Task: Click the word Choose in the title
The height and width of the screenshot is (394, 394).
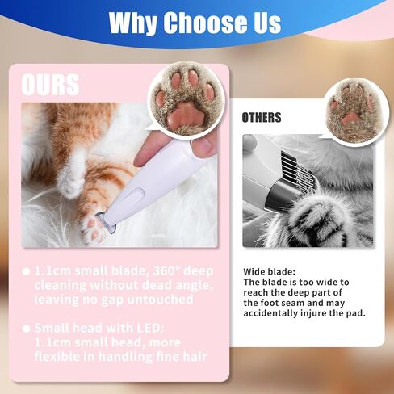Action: coord(205,22)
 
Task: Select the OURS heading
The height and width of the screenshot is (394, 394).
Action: coord(50,85)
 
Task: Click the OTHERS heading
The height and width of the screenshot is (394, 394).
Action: coord(262,118)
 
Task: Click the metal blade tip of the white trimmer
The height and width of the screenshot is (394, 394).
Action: coord(107,223)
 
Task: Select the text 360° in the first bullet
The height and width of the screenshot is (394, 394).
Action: coord(166,271)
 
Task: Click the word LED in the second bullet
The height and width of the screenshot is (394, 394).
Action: coord(149,328)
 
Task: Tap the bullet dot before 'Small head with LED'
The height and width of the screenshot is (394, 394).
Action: coord(26,329)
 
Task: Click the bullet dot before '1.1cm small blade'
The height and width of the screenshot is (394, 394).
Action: coord(26,271)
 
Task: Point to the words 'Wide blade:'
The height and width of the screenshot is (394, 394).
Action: coord(270,272)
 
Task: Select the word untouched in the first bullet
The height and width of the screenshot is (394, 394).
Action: coord(160,300)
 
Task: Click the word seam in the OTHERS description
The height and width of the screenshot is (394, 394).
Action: coord(293,303)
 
